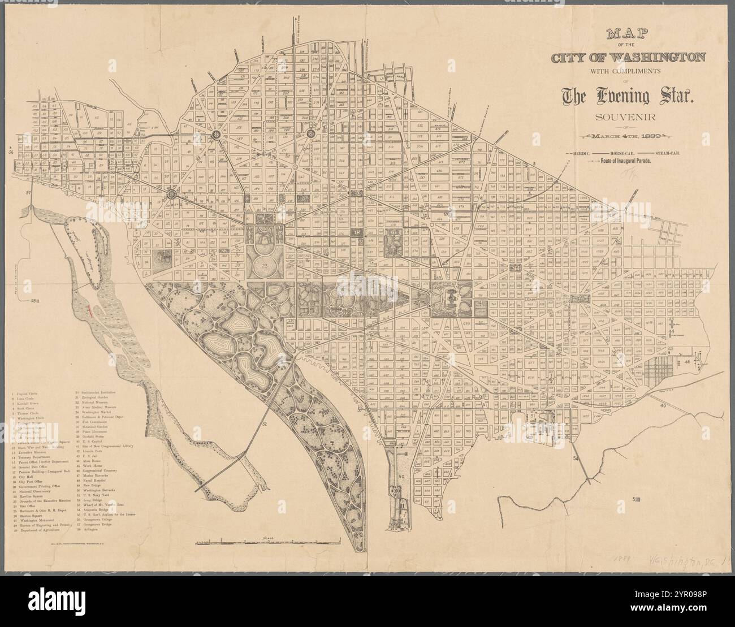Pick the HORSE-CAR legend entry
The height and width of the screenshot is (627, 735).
pos(622,153)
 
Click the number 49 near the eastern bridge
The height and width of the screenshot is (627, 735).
pos(663,406)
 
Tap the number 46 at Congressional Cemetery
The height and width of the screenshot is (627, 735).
pos(688,361)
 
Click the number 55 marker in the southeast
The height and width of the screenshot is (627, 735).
pos(637,499)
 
